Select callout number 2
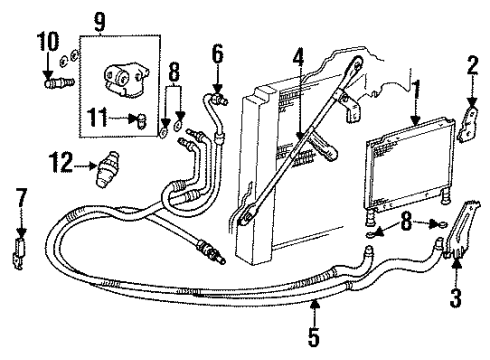472,68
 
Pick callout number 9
99,19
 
